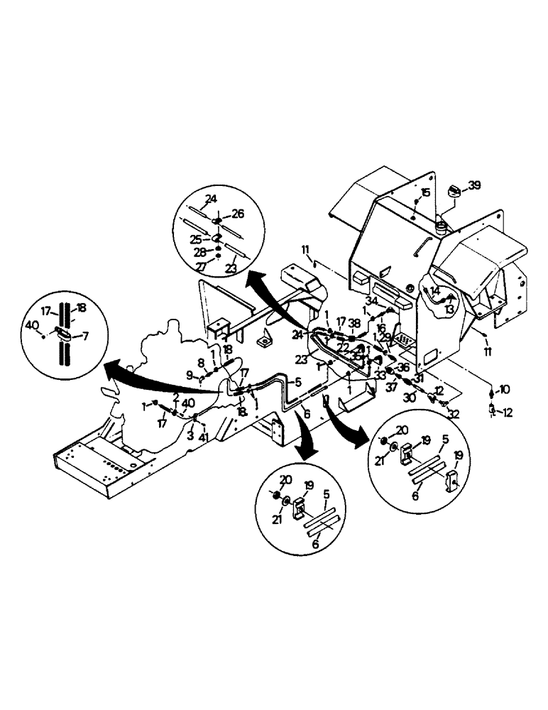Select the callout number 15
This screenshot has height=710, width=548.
tap(425, 193)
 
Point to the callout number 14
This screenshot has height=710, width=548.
tap(434, 291)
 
